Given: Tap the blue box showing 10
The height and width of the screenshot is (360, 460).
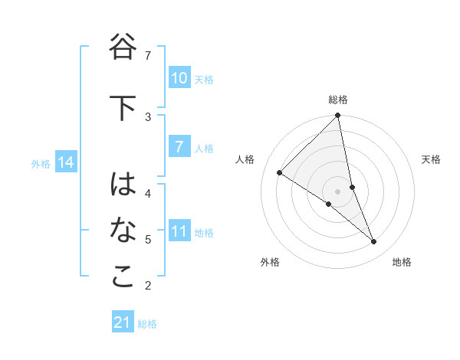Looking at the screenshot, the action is coord(179,78).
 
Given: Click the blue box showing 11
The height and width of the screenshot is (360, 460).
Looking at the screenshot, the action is coord(179,231).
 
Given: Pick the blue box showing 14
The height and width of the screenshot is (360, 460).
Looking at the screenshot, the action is coord(65,162).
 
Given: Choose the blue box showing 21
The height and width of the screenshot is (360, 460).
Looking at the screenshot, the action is coord(122,323).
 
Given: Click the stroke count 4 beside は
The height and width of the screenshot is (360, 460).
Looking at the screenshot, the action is coord(148,193).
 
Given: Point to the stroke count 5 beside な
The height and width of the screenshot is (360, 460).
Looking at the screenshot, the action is coord(148,240).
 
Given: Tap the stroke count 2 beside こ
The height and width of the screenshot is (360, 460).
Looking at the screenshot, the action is coord(148,286).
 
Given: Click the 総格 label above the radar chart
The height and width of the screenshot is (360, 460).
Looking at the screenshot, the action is coord(338,100).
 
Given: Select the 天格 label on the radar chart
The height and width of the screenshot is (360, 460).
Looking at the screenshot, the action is coord(431,159).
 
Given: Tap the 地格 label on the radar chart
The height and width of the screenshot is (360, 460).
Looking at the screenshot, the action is coord(402,262).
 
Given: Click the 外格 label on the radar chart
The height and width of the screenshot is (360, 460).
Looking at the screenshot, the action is coord(270,262).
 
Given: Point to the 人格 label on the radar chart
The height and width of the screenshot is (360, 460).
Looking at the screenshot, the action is coord(245,159).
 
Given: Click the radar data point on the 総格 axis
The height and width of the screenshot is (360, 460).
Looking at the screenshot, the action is coord(338,116).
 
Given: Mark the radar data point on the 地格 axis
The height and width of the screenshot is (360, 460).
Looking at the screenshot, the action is coord(374,242).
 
